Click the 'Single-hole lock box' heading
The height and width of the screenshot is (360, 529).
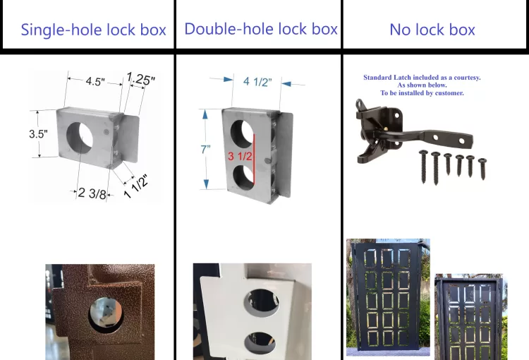93,30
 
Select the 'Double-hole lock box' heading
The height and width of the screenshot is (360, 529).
261,29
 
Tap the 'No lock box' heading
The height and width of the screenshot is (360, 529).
432,30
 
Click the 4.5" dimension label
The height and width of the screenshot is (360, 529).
95,81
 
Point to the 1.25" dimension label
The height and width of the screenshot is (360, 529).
140,78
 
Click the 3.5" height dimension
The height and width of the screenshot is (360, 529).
38,134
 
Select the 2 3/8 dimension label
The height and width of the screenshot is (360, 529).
92,193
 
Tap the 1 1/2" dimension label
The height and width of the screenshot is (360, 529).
135,186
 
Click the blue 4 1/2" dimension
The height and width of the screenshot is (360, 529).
257,82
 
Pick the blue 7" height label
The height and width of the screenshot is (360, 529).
205,149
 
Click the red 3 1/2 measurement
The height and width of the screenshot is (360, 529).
240,156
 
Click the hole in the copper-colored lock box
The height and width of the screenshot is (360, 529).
106,316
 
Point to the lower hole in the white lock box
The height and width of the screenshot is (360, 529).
260,343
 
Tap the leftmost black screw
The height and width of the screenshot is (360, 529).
423,167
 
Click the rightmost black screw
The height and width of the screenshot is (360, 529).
482,169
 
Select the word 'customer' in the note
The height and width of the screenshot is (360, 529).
448,93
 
